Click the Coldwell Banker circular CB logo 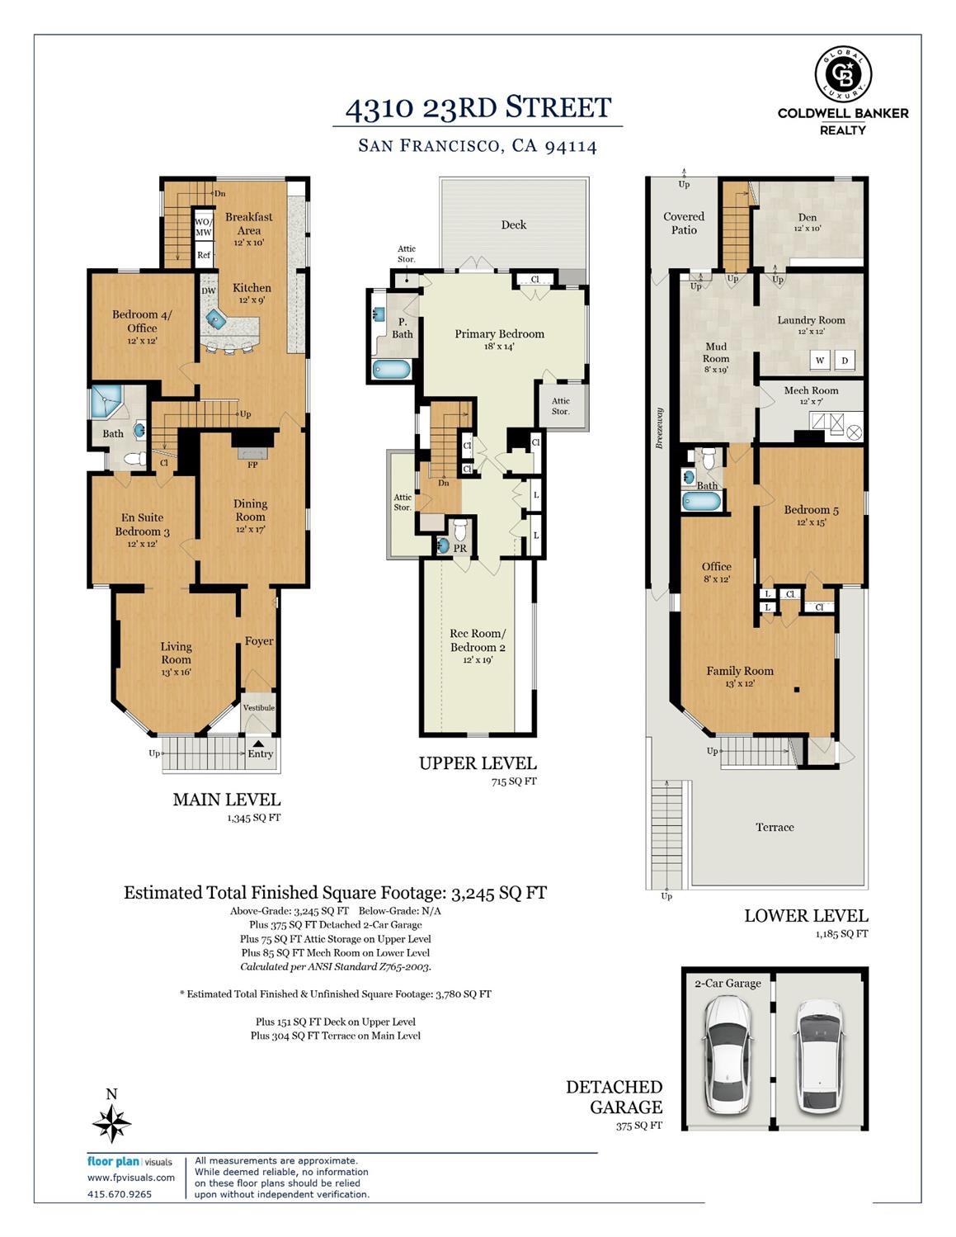pos(843,74)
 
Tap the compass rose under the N pos(112,1124)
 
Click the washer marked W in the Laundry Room pos(819,360)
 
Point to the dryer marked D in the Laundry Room pos(845,360)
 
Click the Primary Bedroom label pos(499,333)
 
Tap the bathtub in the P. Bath pos(392,370)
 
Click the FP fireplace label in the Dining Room pos(252,465)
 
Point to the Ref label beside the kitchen pos(204,255)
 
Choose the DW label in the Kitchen pos(209,290)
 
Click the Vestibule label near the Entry pos(259,707)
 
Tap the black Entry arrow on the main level pos(258,744)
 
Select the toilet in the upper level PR pos(460,529)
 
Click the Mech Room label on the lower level pos(811,390)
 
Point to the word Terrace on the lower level pos(775,827)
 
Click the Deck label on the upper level pos(513,224)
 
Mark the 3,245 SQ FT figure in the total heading pos(498,892)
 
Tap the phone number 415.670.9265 pos(120,1194)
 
